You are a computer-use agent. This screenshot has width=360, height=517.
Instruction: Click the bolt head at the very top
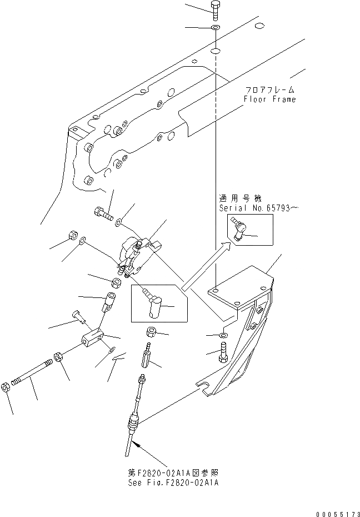point(216,7)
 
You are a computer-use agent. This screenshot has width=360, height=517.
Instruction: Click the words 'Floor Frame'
point(269,100)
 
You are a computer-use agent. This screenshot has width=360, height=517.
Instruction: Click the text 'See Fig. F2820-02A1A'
point(173,483)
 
